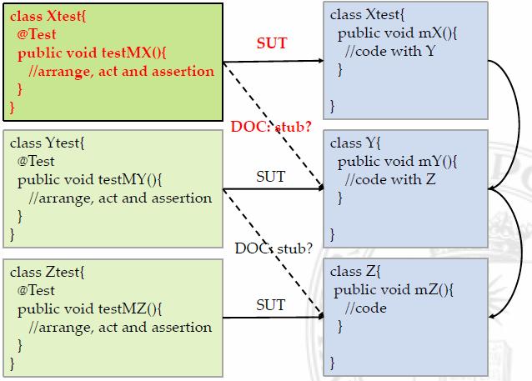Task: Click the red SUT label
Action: coord(273,43)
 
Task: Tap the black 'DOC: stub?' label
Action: coord(274,248)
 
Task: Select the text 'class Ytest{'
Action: coord(48,143)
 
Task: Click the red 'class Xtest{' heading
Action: coord(48,16)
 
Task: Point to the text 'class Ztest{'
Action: coord(48,272)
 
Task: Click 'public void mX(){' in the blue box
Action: coord(389,34)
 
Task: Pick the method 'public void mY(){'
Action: coord(397,162)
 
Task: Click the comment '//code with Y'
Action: coord(392,53)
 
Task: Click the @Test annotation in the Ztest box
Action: coord(36,290)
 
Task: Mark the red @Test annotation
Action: coord(35,34)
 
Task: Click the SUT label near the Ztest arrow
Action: coord(269,305)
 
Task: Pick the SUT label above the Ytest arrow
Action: coord(269,177)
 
